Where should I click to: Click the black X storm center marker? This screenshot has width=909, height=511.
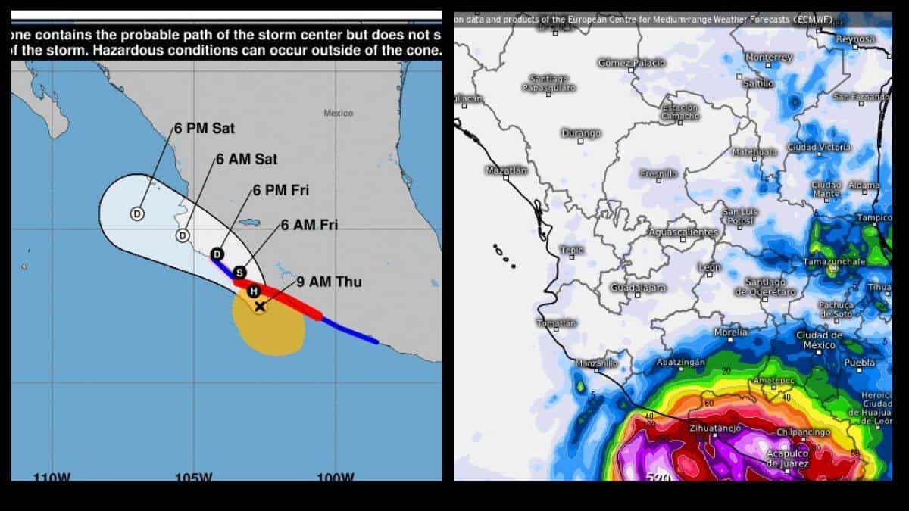coord(260,307)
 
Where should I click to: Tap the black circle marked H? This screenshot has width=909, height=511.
coord(255,291)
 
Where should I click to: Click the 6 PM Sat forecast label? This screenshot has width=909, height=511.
coord(205,128)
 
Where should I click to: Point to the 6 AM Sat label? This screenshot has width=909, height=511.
coord(246,160)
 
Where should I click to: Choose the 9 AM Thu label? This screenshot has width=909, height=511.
coord(329,282)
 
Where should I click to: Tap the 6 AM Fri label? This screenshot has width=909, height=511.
coord(309,225)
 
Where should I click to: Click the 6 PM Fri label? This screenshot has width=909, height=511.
coord(281,190)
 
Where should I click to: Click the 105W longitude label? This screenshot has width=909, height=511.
coord(192,478)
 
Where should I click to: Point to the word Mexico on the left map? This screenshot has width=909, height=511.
coord(338,113)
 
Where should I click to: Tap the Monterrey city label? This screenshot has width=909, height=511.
coord(769,58)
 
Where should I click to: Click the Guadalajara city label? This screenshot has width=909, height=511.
coord(639,288)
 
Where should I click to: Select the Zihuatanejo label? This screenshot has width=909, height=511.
coord(714,428)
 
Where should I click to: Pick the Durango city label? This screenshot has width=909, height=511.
coord(581,133)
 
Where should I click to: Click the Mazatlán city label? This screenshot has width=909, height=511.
coord(506,170)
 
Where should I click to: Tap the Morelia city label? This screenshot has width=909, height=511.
coord(730,332)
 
